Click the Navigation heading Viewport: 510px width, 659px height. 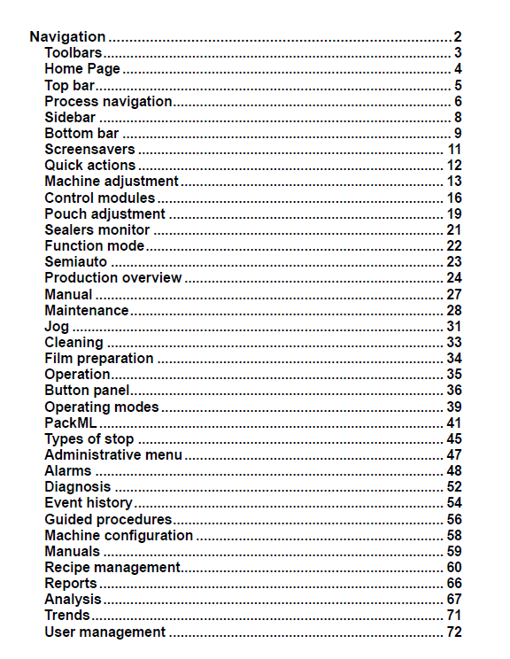[67, 37]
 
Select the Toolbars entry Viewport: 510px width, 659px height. [73, 53]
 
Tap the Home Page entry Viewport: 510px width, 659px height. [82, 69]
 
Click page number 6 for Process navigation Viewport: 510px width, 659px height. [458, 101]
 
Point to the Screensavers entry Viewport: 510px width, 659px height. [89, 149]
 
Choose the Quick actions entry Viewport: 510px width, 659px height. [89, 165]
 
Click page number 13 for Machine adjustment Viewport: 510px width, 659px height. [454, 182]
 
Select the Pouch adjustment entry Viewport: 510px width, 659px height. [104, 213]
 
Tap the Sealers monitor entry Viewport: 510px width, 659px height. [97, 229]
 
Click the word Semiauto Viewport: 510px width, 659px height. [76, 261]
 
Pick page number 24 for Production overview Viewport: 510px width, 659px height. [454, 278]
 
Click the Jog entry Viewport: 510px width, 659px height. [57, 326]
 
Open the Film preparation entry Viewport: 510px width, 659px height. [98, 358]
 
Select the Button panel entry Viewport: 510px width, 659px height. [87, 391]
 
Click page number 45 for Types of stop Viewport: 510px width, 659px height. [454, 438]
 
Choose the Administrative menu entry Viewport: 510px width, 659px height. [113, 454]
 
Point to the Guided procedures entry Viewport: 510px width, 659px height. [108, 519]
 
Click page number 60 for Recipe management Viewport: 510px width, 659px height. [454, 567]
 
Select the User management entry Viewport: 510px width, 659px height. [104, 632]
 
